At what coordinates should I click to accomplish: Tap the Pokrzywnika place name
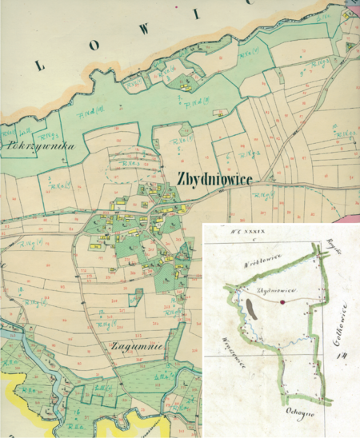38,146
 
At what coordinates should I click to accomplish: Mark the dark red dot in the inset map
282,303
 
